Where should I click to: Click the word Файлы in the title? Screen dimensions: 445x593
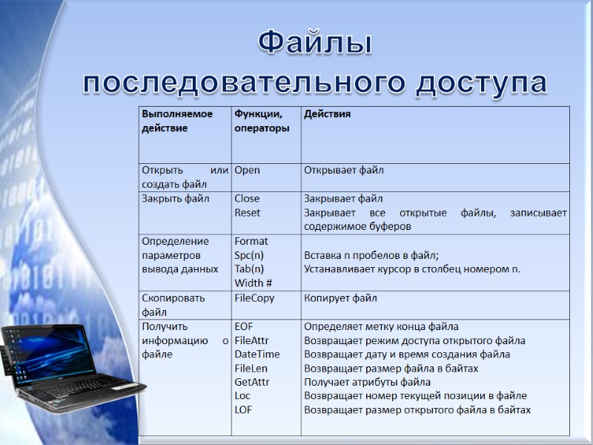click(315, 44)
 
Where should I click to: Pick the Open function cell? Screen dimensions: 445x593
click(247, 171)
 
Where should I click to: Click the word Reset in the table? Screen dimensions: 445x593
click(248, 213)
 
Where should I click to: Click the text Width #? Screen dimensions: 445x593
click(254, 283)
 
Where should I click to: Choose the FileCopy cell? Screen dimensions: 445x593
click(254, 298)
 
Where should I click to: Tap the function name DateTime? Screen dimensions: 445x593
click(257, 355)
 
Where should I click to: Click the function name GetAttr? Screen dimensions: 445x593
click(252, 383)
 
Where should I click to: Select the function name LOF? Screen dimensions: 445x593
click(243, 410)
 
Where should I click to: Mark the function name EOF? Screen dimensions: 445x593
click(244, 326)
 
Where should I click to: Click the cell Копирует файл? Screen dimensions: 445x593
click(340, 298)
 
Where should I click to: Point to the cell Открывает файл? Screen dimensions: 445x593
click(344, 171)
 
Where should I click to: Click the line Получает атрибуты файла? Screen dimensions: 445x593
click(368, 383)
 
